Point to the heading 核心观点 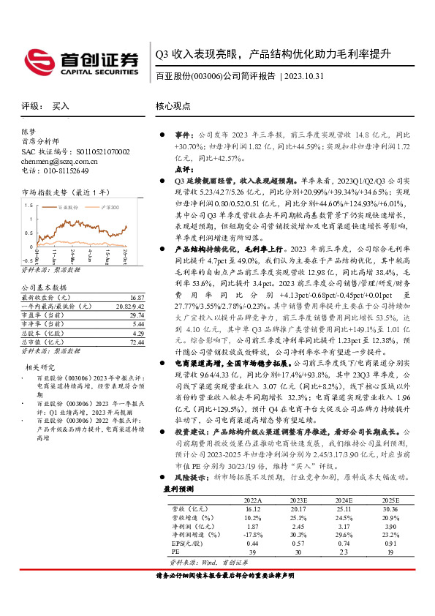[174, 106]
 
